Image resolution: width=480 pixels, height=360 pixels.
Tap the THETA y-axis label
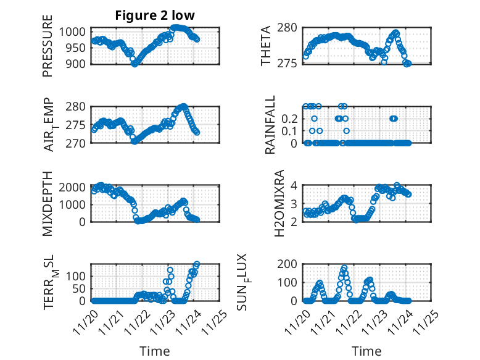click(x=266, y=46)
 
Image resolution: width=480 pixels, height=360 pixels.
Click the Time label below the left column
click(x=155, y=351)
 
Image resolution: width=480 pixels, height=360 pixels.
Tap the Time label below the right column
click(x=366, y=351)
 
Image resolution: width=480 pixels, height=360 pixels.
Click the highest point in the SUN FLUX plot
click(x=344, y=268)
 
